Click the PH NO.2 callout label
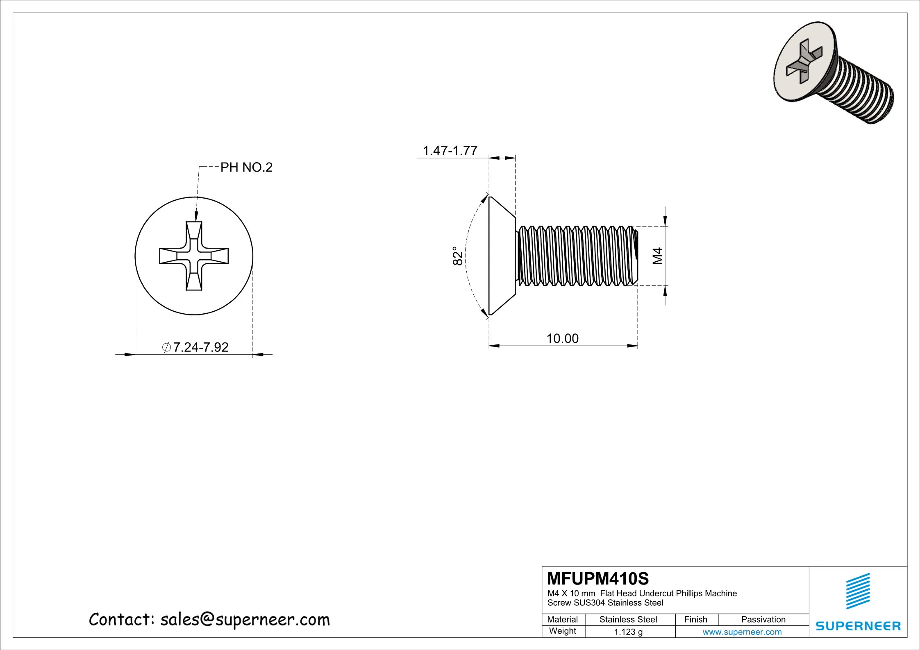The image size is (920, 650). [x=246, y=167]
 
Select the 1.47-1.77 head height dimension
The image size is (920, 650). [x=450, y=151]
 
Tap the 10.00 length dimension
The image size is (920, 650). [x=562, y=338]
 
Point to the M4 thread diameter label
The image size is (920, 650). [x=657, y=256]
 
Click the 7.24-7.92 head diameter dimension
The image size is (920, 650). [x=196, y=347]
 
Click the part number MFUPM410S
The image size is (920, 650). [x=597, y=579]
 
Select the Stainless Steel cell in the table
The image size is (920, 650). [x=628, y=620]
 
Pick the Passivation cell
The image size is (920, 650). [x=763, y=620]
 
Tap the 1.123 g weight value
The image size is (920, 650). [x=628, y=632]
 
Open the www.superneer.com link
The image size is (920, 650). [x=742, y=632]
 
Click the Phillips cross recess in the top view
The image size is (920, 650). [x=194, y=256]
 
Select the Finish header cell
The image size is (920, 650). [x=695, y=620]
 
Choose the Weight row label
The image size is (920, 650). [x=562, y=631]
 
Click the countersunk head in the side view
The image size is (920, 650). [x=501, y=256]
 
